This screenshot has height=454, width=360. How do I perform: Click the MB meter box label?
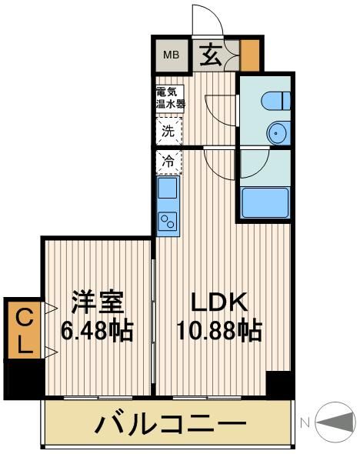[171, 54]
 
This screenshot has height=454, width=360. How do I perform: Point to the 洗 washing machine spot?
[168, 130]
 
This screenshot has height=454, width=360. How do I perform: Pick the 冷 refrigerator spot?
[168, 162]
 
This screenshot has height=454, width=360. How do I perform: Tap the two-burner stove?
[168, 221]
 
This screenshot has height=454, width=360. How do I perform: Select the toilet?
[274, 99]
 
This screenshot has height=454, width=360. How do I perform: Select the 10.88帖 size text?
[218, 331]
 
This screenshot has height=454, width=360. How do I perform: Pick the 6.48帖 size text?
[98, 331]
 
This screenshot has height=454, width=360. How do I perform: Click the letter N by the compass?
[304, 422]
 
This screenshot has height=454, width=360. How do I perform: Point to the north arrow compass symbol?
[335, 422]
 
